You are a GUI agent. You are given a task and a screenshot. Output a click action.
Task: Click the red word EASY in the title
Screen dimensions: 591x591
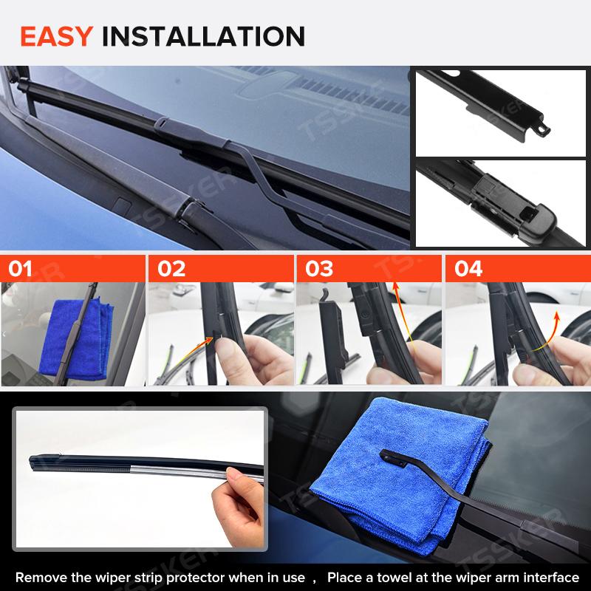(57, 36)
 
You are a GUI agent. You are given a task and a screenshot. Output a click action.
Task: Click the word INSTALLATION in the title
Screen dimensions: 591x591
(203, 36)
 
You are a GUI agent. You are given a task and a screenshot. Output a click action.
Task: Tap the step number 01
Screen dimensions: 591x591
(20, 269)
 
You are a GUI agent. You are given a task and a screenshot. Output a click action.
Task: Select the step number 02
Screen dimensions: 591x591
(171, 269)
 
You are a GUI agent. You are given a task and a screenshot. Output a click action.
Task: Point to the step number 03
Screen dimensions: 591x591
(319, 269)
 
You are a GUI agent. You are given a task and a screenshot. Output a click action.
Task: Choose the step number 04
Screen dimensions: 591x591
(468, 269)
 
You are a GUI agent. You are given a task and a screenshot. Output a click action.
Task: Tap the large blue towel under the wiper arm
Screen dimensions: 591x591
(400, 475)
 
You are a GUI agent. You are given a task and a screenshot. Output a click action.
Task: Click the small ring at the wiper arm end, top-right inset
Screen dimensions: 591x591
(542, 129)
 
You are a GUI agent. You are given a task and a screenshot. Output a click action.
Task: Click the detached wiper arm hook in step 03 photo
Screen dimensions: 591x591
(334, 335)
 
